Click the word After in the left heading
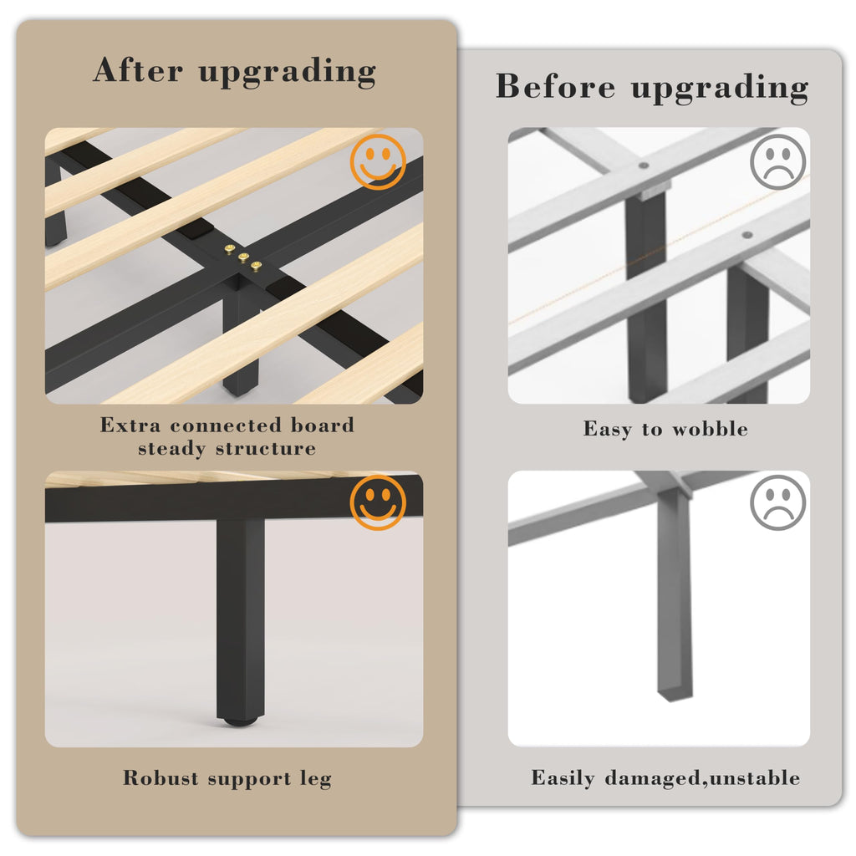(x=138, y=70)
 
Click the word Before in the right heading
(x=555, y=86)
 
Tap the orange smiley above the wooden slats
(x=378, y=161)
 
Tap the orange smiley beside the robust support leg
(x=378, y=502)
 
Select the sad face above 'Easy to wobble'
(x=778, y=162)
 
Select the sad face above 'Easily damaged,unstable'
(x=778, y=502)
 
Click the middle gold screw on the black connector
(x=243, y=257)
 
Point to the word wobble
(x=710, y=429)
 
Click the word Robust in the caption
(x=161, y=777)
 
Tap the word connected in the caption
(x=226, y=425)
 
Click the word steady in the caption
(x=171, y=449)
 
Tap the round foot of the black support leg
(x=240, y=721)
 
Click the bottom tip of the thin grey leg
(x=675, y=698)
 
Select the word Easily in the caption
(x=563, y=778)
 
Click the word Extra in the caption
(x=130, y=425)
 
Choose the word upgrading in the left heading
(x=288, y=73)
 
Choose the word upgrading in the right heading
(x=720, y=89)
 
